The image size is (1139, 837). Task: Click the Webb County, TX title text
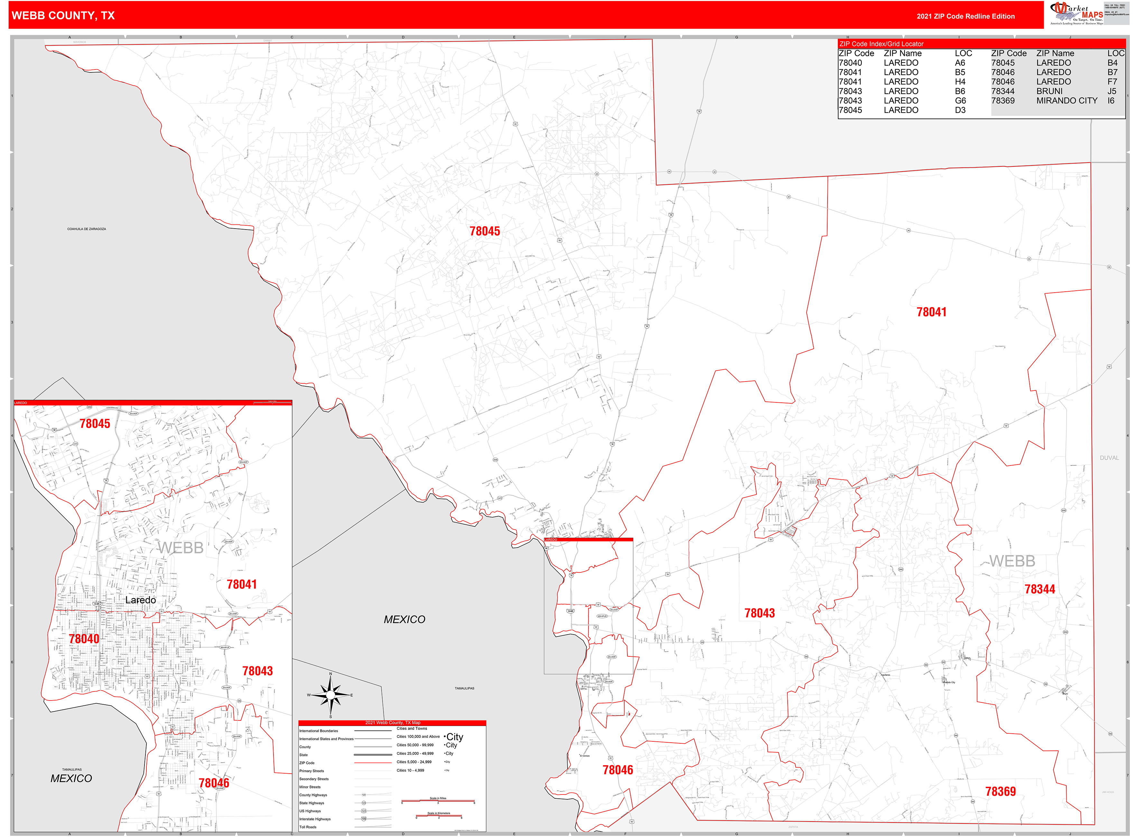[x=63, y=16]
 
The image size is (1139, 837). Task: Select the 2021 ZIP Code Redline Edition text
[x=965, y=16]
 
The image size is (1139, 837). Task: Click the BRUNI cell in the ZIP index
[x=1049, y=91]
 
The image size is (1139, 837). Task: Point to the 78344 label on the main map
[x=1040, y=589]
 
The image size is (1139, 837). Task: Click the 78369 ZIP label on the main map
[x=1000, y=791]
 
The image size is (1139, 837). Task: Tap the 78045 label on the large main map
[x=485, y=231]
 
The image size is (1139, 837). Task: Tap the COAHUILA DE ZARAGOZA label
[x=87, y=229]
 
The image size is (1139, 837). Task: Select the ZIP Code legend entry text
[x=307, y=763]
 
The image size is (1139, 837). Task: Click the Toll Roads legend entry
[x=308, y=827]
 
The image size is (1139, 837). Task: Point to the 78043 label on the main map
[x=759, y=613]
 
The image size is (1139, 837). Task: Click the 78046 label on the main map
[x=617, y=770]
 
